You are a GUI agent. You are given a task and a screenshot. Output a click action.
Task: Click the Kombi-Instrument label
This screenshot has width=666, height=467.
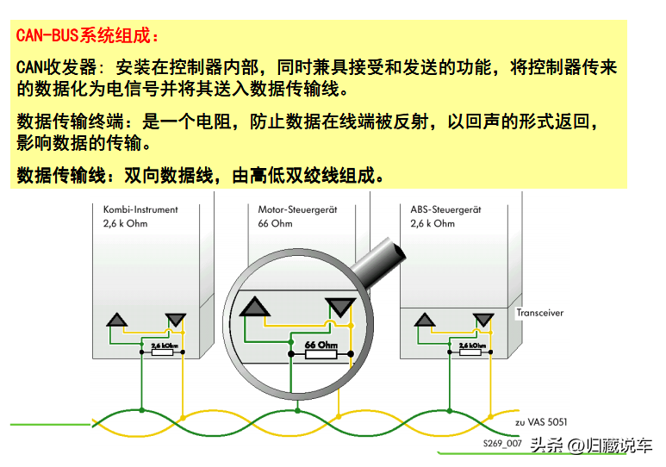[140, 209]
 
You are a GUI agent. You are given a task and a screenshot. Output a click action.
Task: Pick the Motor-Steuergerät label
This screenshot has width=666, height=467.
[298, 209]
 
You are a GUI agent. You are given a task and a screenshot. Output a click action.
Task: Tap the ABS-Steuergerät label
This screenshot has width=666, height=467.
[445, 209]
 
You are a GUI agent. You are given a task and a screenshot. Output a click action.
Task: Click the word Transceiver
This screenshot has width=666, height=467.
[539, 313]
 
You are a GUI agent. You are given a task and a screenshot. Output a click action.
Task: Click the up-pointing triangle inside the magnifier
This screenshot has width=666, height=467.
[255, 307]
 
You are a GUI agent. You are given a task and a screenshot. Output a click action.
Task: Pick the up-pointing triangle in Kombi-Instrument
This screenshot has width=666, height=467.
[116, 321]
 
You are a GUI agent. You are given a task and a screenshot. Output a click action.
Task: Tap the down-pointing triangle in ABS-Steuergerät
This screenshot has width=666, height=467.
[483, 321]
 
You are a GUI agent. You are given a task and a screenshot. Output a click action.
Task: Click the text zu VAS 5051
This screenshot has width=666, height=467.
[543, 422]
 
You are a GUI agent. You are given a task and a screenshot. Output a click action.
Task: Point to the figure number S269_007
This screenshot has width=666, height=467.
[502, 443]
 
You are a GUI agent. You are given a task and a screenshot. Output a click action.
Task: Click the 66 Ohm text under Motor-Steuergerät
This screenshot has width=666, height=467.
[275, 223]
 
